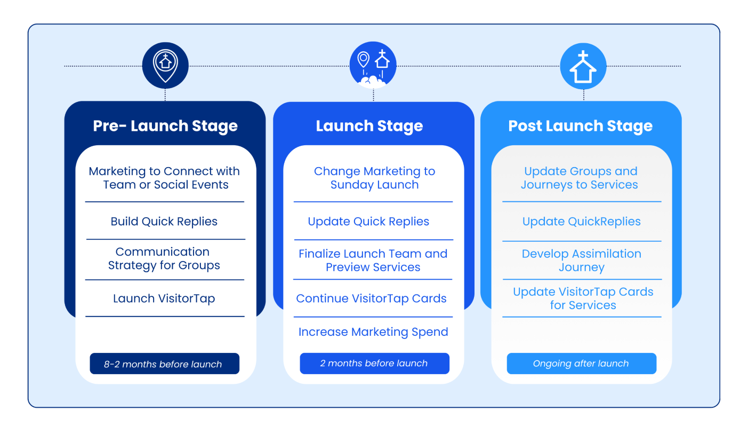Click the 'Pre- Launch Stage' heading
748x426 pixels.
165,126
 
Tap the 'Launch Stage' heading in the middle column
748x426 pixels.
369,126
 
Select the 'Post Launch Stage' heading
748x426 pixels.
580,126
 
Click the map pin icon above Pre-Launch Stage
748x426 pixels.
165,65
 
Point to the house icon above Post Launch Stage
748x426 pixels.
583,66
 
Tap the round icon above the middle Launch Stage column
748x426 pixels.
373,65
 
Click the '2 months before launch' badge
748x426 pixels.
374,364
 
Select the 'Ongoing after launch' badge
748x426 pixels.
581,364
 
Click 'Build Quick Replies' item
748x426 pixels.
164,222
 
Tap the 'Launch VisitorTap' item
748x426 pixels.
164,298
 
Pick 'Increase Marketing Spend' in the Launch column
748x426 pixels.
373,332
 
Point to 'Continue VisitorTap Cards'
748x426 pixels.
372,298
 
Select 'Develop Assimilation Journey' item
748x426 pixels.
582,261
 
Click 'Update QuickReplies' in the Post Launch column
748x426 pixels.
582,222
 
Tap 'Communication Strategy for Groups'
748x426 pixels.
164,258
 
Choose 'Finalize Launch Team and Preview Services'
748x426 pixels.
373,261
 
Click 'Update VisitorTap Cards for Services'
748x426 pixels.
583,298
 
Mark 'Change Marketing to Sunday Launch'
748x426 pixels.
374,178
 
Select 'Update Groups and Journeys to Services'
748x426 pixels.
580,178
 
